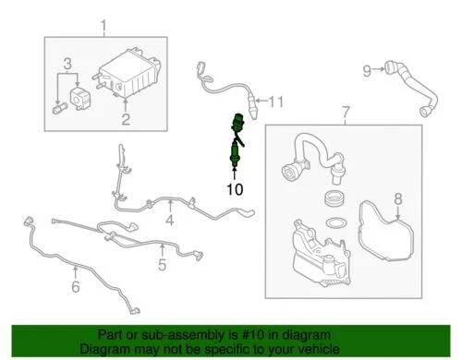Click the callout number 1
tap(103, 25)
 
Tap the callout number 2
tap(127, 120)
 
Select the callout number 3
tap(67, 63)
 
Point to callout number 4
tap(169, 221)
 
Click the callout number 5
tap(162, 266)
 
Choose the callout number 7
tap(346, 114)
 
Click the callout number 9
tap(367, 69)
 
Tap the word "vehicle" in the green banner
tap(329, 349)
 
